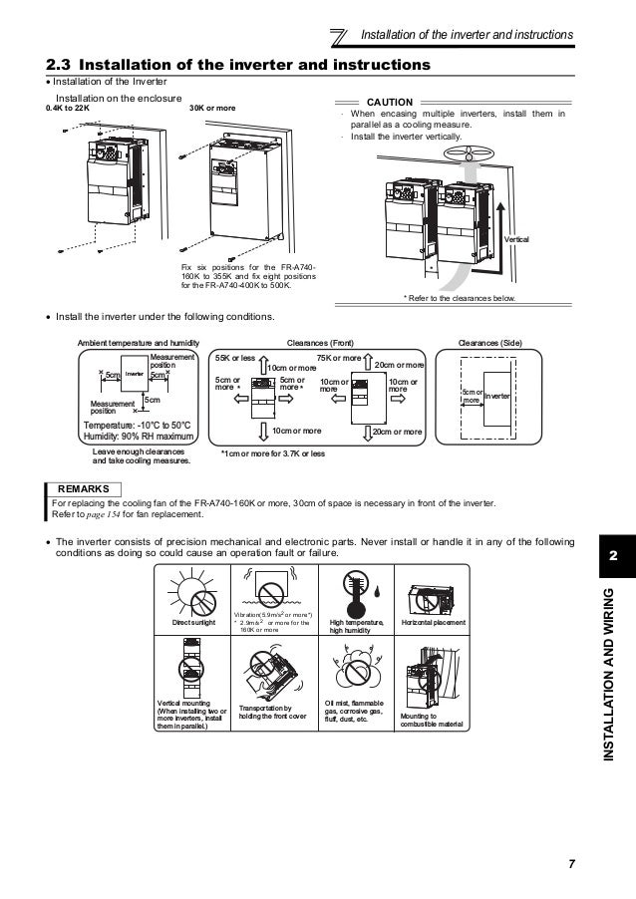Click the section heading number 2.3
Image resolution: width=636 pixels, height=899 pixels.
(61, 65)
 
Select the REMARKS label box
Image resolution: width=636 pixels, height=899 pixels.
(84, 489)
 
